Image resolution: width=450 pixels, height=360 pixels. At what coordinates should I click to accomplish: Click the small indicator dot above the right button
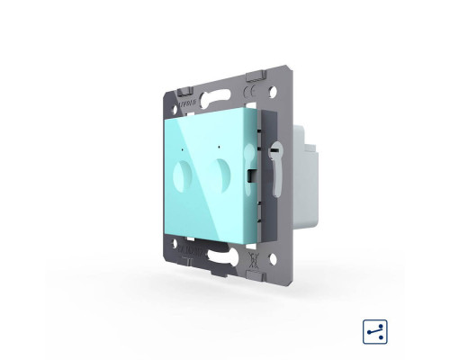coord(219,141)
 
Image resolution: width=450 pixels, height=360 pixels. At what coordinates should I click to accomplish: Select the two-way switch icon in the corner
coord(374,306)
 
